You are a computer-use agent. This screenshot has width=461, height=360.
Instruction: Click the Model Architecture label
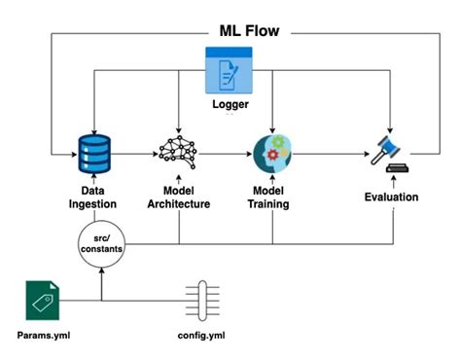click(x=178, y=198)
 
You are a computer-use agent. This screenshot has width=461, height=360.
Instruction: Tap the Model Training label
click(x=269, y=198)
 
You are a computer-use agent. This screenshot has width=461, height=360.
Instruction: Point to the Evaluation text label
click(x=392, y=198)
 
